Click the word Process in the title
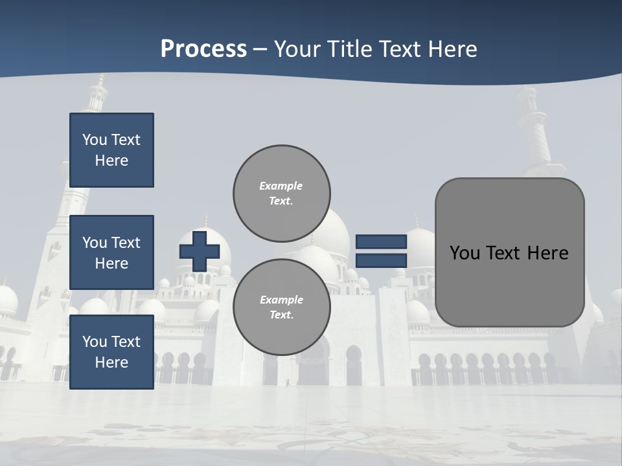point(203,49)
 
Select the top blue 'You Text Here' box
point(111,150)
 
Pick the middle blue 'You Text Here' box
point(111,252)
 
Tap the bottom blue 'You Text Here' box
point(111,352)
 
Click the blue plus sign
point(200,251)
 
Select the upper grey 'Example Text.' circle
point(282,194)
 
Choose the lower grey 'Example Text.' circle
point(282,307)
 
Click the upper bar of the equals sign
point(381,242)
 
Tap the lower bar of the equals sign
point(381,261)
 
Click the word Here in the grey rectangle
point(548,252)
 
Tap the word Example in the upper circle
point(281,186)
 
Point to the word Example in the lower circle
point(281,300)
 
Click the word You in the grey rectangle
point(465,252)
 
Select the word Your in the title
point(295,49)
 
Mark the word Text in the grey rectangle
point(503,252)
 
